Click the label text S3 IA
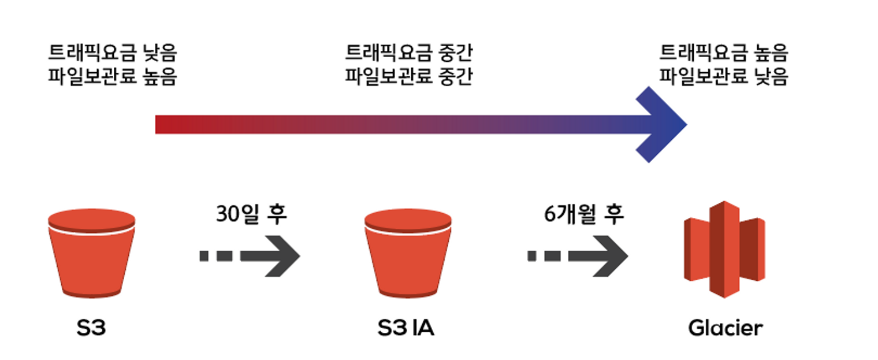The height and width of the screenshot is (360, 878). pyautogui.click(x=405, y=328)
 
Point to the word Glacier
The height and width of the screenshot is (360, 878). pyautogui.click(x=725, y=328)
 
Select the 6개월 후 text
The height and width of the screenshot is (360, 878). pyautogui.click(x=584, y=214)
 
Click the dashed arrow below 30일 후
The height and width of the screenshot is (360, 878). pyautogui.click(x=250, y=255)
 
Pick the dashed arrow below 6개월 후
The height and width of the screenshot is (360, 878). pyautogui.click(x=578, y=255)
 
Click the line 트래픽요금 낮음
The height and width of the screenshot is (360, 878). pyautogui.click(x=113, y=54)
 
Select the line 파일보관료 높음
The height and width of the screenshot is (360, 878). pyautogui.click(x=113, y=77)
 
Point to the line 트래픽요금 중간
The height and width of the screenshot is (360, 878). pyautogui.click(x=409, y=54)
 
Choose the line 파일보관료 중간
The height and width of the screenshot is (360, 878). pyautogui.click(x=409, y=77)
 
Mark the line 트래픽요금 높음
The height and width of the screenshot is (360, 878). pyautogui.click(x=724, y=54)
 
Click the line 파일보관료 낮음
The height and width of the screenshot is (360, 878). pyautogui.click(x=724, y=77)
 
